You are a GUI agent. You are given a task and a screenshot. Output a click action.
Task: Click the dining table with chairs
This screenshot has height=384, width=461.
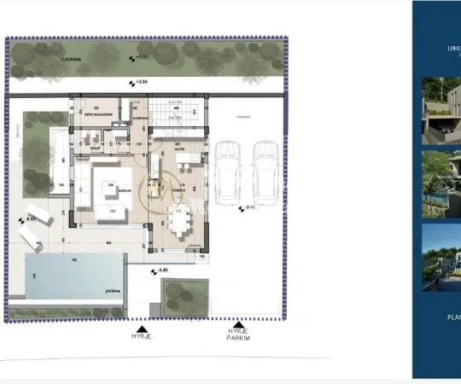[181, 222]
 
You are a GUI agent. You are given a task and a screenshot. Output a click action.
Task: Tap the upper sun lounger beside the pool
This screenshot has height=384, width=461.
[38, 211]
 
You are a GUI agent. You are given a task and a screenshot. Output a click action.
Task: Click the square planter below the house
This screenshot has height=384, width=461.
[184, 296]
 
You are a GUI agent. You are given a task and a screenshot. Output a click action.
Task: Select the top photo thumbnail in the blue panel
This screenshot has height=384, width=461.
[441, 111]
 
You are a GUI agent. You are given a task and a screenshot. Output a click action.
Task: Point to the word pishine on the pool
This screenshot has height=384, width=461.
[112, 291]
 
